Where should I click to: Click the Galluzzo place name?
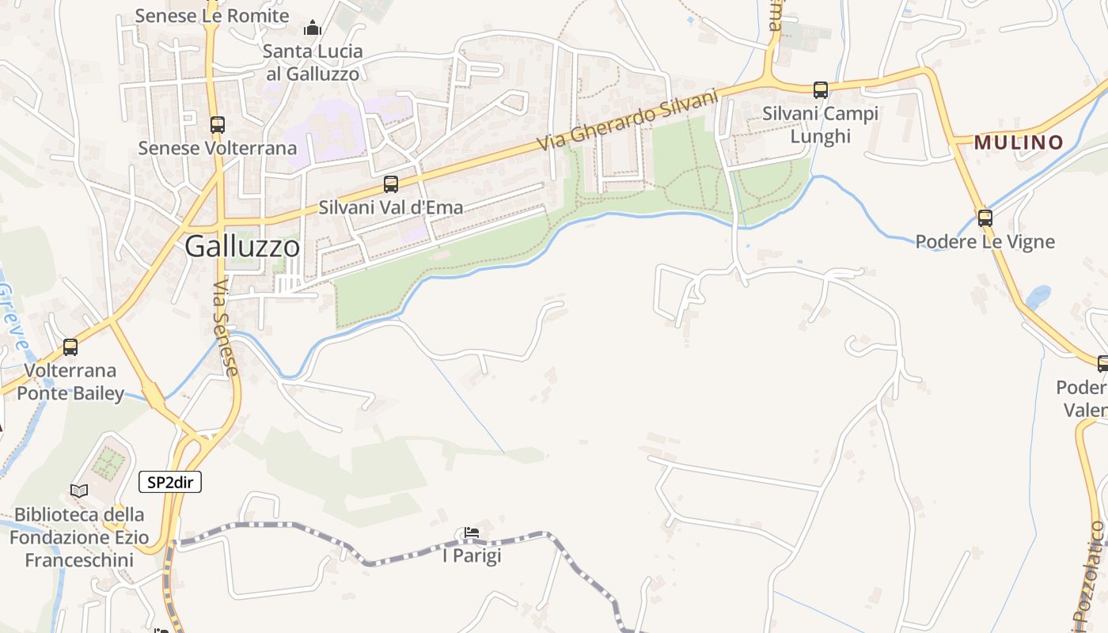click(242, 247)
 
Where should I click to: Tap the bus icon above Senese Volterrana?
click(217, 124)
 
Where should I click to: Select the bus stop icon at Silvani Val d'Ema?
click(391, 184)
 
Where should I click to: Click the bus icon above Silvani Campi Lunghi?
click(821, 90)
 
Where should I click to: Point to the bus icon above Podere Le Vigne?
click(985, 218)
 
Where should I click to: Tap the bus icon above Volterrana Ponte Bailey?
click(70, 347)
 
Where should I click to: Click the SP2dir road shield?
click(170, 482)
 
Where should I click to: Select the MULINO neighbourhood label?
click(1019, 142)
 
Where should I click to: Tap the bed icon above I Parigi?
click(472, 533)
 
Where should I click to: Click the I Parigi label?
click(472, 556)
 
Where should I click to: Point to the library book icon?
click(79, 491)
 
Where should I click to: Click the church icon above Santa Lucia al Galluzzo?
click(313, 28)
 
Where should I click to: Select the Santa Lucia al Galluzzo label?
click(313, 63)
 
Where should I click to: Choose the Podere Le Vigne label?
click(985, 241)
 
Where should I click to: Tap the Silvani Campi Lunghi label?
click(820, 125)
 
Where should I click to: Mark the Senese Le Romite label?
click(212, 15)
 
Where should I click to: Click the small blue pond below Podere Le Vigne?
click(1038, 298)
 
